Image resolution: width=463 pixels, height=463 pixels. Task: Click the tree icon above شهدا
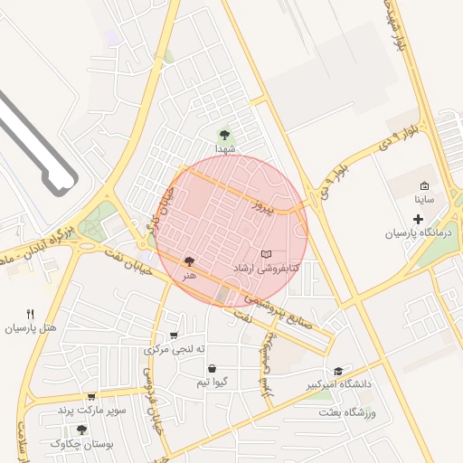(x=224, y=134)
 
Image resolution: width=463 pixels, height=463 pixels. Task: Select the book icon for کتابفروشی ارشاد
(x=265, y=254)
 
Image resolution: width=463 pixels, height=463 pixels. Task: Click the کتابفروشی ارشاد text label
(x=265, y=269)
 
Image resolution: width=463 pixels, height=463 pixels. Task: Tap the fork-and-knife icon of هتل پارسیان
(x=31, y=314)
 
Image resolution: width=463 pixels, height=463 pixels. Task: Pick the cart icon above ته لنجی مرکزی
(x=174, y=335)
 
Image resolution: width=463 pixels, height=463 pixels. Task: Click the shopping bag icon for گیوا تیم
(x=211, y=368)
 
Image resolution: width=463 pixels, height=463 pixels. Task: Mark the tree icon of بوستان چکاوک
(x=82, y=430)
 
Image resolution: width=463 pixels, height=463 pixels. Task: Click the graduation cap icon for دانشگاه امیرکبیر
(x=338, y=371)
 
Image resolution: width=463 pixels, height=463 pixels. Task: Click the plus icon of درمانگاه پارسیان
(x=418, y=219)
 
